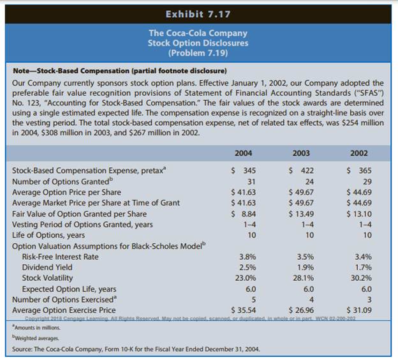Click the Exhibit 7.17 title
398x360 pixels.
198,13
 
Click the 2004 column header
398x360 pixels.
243,153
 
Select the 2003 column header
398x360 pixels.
300,153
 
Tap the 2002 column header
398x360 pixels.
358,153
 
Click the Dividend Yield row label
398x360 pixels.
47,267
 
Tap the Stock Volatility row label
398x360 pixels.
48,278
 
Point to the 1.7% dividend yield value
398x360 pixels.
363,267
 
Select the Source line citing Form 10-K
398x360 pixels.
136,349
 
